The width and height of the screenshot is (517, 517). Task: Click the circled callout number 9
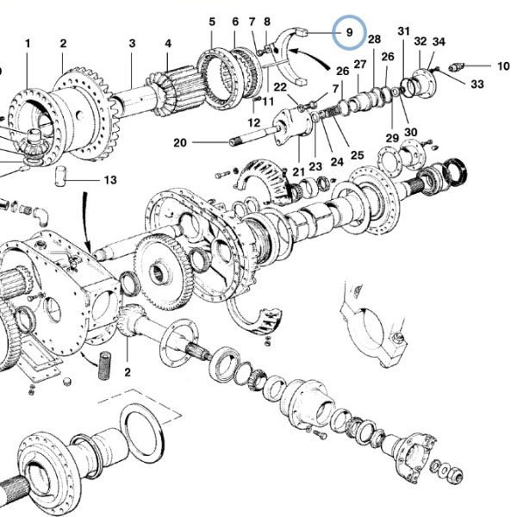tap(349, 33)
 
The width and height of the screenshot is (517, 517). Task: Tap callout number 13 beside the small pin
tap(110, 180)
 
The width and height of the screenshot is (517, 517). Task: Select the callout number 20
tap(180, 143)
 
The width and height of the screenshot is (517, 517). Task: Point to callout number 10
tap(503, 66)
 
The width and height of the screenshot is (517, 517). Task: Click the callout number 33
tap(477, 84)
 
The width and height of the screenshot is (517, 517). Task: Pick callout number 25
tap(357, 155)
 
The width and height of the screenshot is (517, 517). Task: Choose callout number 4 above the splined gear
tap(168, 44)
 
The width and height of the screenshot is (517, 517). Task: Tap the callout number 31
tap(403, 31)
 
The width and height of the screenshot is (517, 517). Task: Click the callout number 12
tap(254, 122)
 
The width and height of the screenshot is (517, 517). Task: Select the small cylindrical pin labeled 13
tap(60, 177)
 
